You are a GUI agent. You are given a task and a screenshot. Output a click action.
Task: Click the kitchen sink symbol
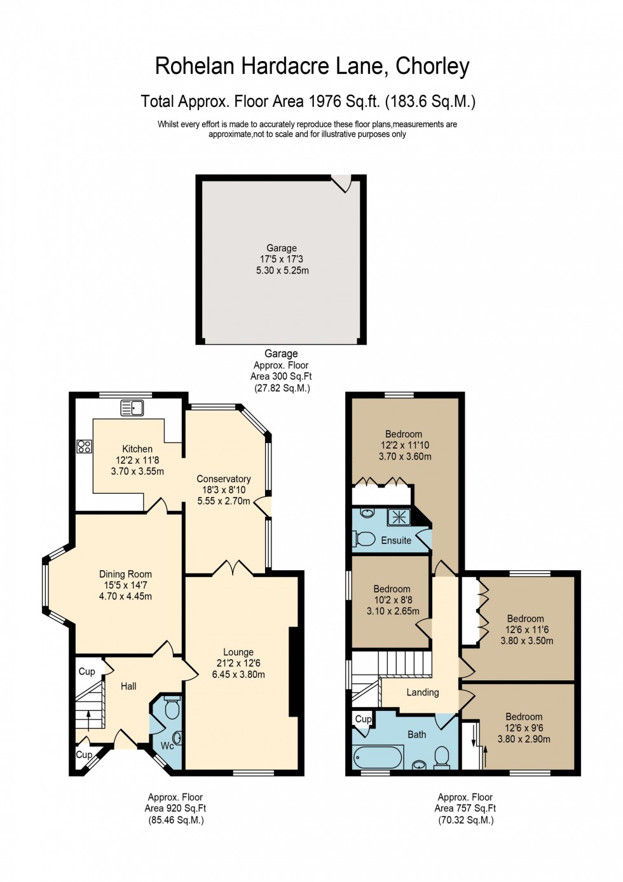(132, 407)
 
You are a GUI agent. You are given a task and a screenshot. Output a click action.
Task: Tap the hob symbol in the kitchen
(84, 446)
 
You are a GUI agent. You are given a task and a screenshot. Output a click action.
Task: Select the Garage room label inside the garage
(281, 248)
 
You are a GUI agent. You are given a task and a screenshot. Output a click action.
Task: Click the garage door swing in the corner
(342, 183)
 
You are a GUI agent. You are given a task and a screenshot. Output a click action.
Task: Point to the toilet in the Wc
(172, 708)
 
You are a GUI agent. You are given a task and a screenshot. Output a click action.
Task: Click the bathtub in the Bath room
(378, 757)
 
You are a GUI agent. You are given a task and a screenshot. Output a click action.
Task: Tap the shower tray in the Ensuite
(399, 517)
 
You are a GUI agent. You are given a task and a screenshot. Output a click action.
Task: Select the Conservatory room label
(223, 479)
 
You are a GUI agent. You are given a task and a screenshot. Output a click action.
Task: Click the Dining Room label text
(125, 574)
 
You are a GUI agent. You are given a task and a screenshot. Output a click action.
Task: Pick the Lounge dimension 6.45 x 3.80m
(238, 675)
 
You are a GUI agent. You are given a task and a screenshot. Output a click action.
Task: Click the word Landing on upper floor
(423, 692)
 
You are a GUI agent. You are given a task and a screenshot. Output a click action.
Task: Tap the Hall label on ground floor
(128, 686)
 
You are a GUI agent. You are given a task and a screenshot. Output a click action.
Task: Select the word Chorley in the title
(432, 66)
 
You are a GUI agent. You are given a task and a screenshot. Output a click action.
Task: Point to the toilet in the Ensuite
(364, 539)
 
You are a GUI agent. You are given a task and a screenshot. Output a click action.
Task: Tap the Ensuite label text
(396, 540)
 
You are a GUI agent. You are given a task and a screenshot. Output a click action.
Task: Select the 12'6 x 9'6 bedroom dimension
(524, 728)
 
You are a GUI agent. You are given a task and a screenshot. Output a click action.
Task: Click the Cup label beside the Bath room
(363, 719)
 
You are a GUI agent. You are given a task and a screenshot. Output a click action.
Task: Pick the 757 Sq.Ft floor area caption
(465, 808)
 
